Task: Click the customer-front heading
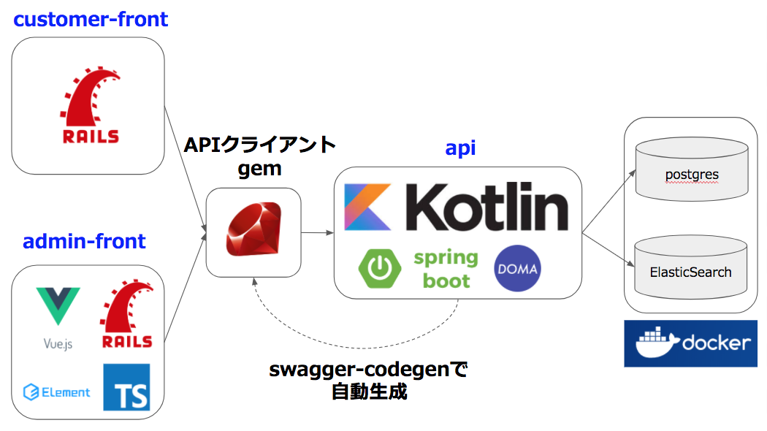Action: pyautogui.click(x=91, y=19)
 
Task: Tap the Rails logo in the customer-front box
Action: pyautogui.click(x=89, y=107)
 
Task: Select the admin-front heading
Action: pyautogui.click(x=85, y=241)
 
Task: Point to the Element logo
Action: pyautogui.click(x=57, y=392)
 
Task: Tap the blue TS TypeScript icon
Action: pyautogui.click(x=126, y=386)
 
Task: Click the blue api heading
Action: pyautogui.click(x=461, y=148)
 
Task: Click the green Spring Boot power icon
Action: pyautogui.click(x=381, y=269)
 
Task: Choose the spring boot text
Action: pyautogui.click(x=446, y=269)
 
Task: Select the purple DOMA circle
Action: pyautogui.click(x=517, y=269)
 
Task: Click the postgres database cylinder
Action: pyautogui.click(x=692, y=172)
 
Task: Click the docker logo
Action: pyautogui.click(x=690, y=343)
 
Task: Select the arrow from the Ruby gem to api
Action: pyautogui.click(x=318, y=233)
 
